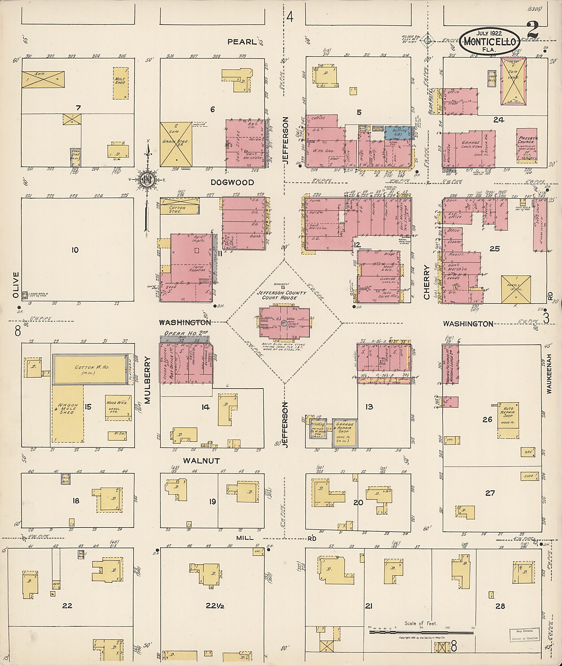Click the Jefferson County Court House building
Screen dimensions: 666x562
(x=285, y=322)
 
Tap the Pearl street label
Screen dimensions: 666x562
(x=242, y=42)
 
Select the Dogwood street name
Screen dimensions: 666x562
(x=232, y=182)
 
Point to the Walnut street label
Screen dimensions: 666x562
(x=201, y=461)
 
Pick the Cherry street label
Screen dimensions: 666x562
(x=427, y=282)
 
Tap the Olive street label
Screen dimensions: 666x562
(x=16, y=285)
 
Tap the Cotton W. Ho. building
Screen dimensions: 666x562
(x=92, y=369)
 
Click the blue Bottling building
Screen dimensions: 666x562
(x=398, y=133)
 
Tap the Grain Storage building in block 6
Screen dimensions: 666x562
(x=176, y=144)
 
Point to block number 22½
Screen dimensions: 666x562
(x=215, y=605)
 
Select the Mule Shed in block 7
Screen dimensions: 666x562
(x=121, y=83)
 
